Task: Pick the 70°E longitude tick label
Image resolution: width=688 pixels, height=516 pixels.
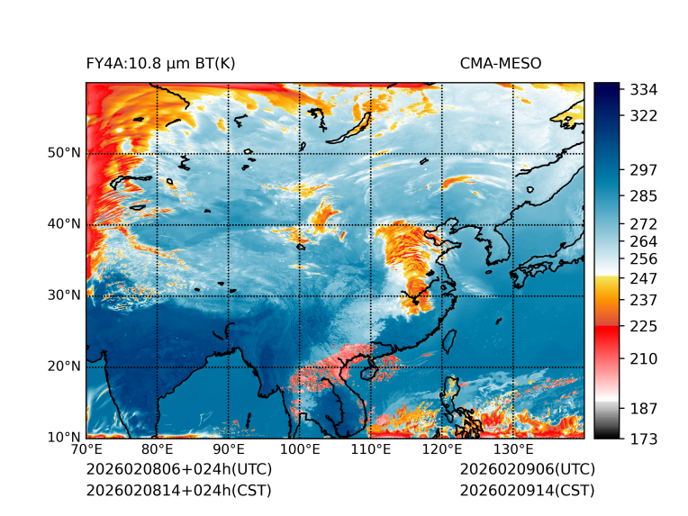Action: tap(86, 450)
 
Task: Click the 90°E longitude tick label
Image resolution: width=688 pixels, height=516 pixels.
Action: tap(229, 450)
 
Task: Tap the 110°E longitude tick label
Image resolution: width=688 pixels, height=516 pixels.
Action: tap(371, 450)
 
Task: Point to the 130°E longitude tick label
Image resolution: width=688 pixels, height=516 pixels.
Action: tap(513, 450)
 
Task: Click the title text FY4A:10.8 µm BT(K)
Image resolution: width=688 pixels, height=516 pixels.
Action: tap(161, 63)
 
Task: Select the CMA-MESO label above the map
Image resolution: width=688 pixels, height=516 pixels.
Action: tap(501, 63)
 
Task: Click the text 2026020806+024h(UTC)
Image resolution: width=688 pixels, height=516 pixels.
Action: tap(179, 469)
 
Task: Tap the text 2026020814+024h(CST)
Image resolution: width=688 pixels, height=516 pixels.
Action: tap(178, 490)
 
